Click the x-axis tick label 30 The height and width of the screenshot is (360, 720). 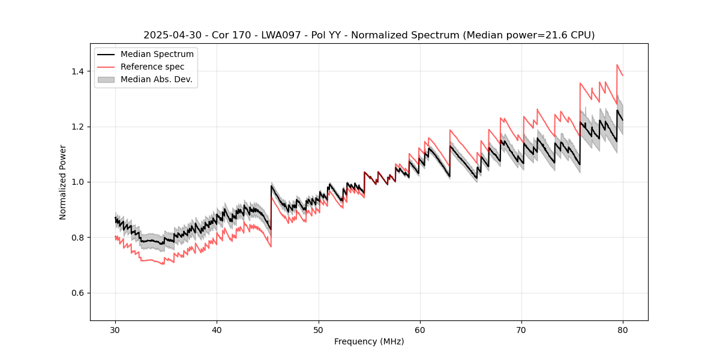[115, 329]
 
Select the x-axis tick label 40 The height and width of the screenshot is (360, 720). [217, 329]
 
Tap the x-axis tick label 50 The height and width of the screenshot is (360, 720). [319, 329]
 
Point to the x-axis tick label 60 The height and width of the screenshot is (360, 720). [420, 329]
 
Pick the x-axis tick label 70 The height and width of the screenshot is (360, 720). [521, 329]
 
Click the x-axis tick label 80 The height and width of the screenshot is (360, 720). [623, 329]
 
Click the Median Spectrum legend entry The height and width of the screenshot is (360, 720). [157, 55]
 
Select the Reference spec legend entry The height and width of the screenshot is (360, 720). [152, 67]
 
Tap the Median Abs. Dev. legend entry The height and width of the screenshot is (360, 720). [156, 79]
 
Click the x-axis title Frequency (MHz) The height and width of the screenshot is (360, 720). [369, 341]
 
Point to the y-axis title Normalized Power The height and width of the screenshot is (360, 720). [63, 182]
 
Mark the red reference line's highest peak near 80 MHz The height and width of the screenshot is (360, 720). [617, 65]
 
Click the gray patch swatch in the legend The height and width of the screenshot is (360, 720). [106, 79]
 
